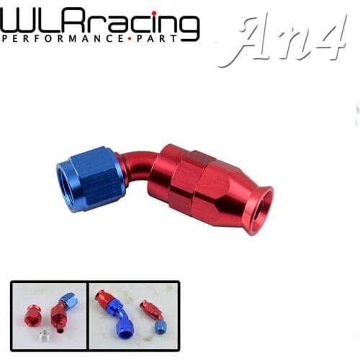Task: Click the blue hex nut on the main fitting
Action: (90, 177)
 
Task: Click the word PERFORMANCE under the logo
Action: (53, 37)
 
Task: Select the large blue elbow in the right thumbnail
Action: (120, 321)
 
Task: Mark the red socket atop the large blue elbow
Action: (102, 297)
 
